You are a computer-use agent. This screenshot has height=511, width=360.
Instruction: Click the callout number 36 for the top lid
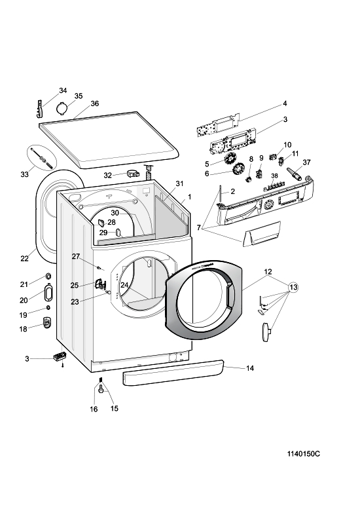95,104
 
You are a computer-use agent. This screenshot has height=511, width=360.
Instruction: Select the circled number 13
293,287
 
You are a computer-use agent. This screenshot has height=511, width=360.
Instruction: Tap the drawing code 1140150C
303,453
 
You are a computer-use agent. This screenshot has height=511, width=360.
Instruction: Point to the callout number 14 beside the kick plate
249,368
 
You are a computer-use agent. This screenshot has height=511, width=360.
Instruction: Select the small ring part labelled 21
48,276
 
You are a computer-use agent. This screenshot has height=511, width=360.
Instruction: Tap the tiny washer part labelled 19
48,308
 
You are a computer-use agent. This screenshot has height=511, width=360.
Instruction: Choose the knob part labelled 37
294,174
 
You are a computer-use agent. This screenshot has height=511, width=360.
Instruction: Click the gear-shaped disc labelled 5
231,159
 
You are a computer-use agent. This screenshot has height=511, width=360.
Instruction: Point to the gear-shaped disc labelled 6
239,170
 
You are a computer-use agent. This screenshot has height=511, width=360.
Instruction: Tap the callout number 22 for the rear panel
24,259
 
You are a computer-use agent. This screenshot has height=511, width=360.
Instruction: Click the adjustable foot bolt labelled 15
101,388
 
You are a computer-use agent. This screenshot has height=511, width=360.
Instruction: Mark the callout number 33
24,174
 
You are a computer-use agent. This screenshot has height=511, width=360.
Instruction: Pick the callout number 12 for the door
268,272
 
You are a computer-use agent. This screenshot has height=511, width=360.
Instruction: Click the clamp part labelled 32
133,173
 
